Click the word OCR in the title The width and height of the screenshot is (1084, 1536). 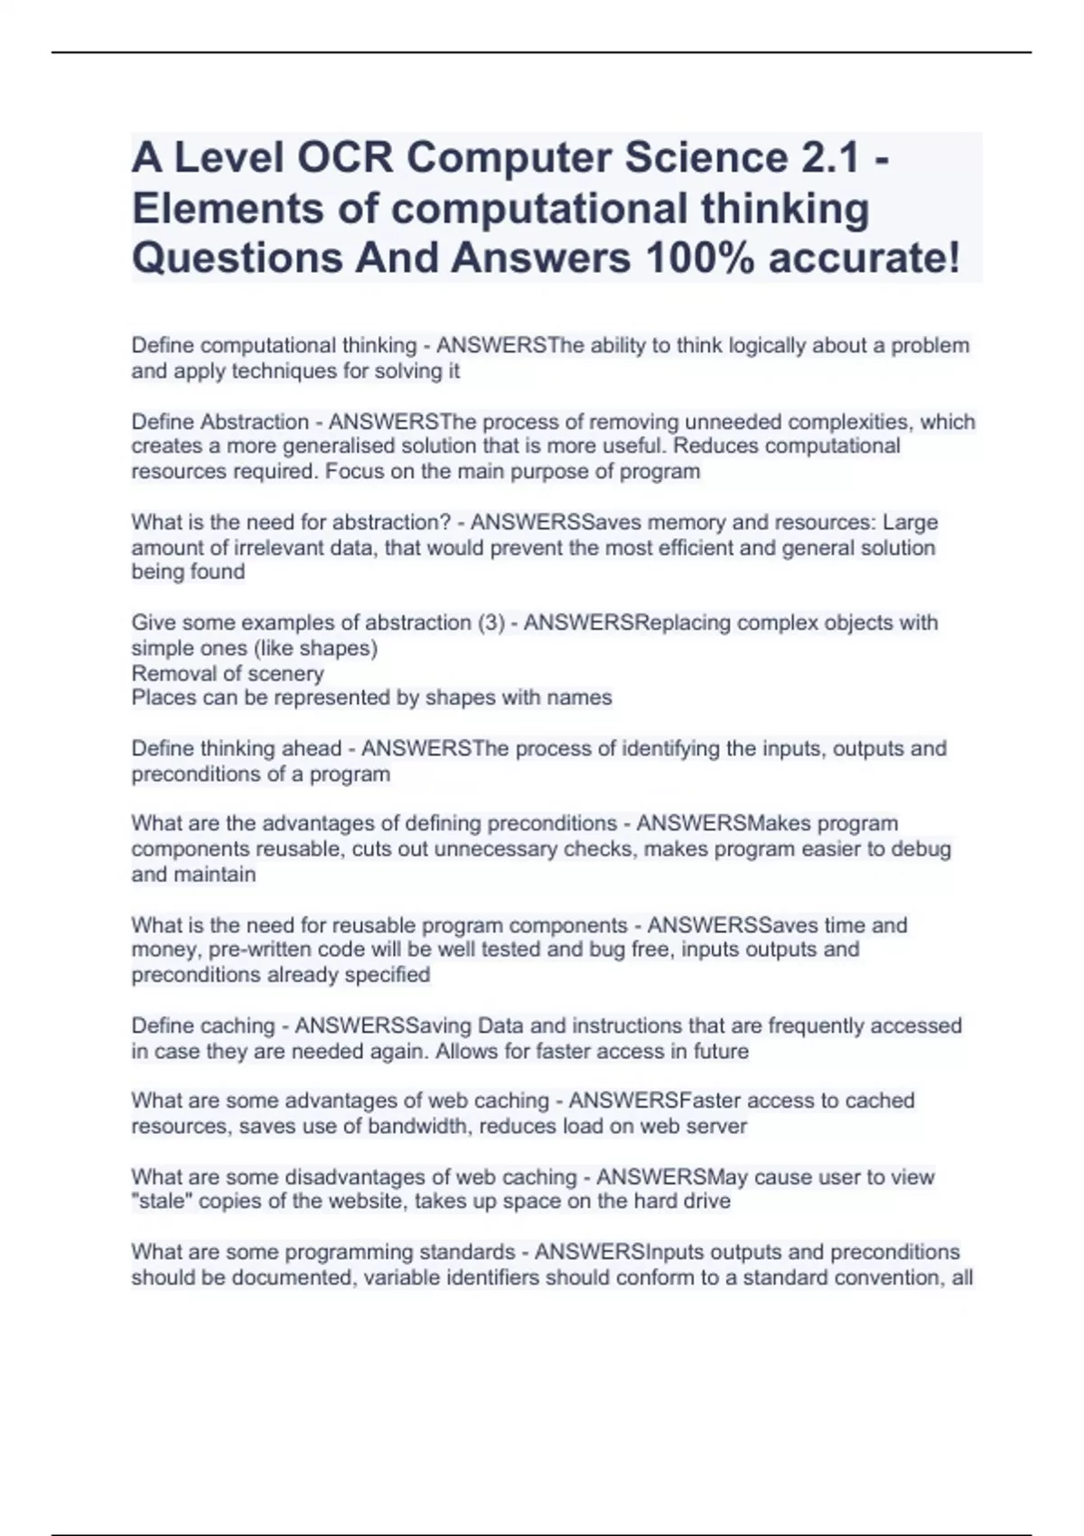coord(345,158)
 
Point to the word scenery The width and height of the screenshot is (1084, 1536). coord(285,673)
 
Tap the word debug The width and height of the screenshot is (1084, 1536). coord(921,849)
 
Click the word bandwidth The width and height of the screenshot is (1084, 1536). coord(418,1127)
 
